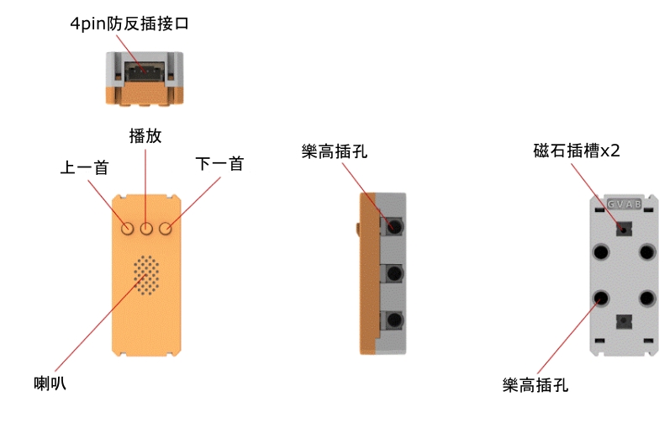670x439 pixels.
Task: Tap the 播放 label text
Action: [x=145, y=136]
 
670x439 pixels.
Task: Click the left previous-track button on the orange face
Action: [x=128, y=228]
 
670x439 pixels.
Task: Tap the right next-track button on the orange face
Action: [x=166, y=228]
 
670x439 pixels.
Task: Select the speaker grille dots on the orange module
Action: [x=146, y=275]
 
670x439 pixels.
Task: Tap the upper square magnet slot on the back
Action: [x=624, y=227]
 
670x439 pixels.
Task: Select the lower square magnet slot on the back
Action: [x=624, y=320]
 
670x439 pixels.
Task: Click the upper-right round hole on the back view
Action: [x=646, y=251]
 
